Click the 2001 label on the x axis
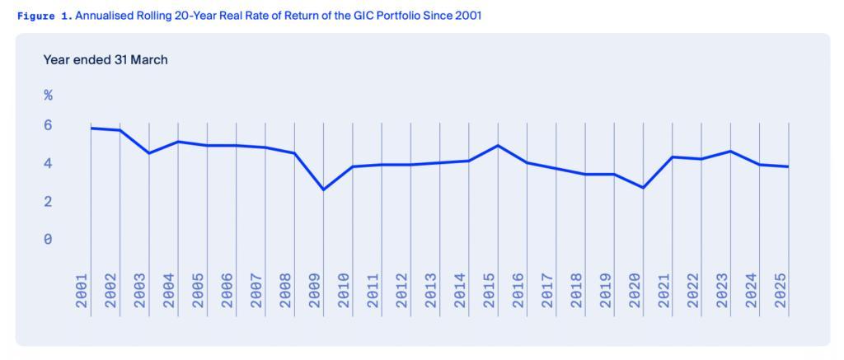click(82, 291)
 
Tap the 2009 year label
click(314, 291)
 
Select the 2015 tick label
click(489, 291)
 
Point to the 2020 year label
click(634, 291)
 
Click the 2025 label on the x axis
click(780, 291)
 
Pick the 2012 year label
click(401, 291)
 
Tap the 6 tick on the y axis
click(48, 125)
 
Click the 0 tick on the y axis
click(48, 240)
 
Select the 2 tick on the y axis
click(48, 202)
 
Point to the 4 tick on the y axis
click(48, 164)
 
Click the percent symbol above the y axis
click(48, 96)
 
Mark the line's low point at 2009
click(323, 189)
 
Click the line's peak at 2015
click(498, 145)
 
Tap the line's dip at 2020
click(643, 188)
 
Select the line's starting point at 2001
click(91, 128)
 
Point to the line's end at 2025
click(789, 167)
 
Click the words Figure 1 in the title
click(43, 16)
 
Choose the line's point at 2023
click(730, 151)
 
